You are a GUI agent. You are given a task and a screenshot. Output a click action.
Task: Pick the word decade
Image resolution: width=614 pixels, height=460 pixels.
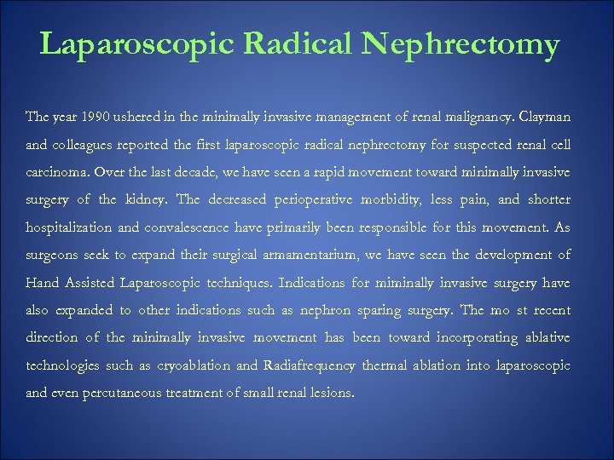click(196, 171)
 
